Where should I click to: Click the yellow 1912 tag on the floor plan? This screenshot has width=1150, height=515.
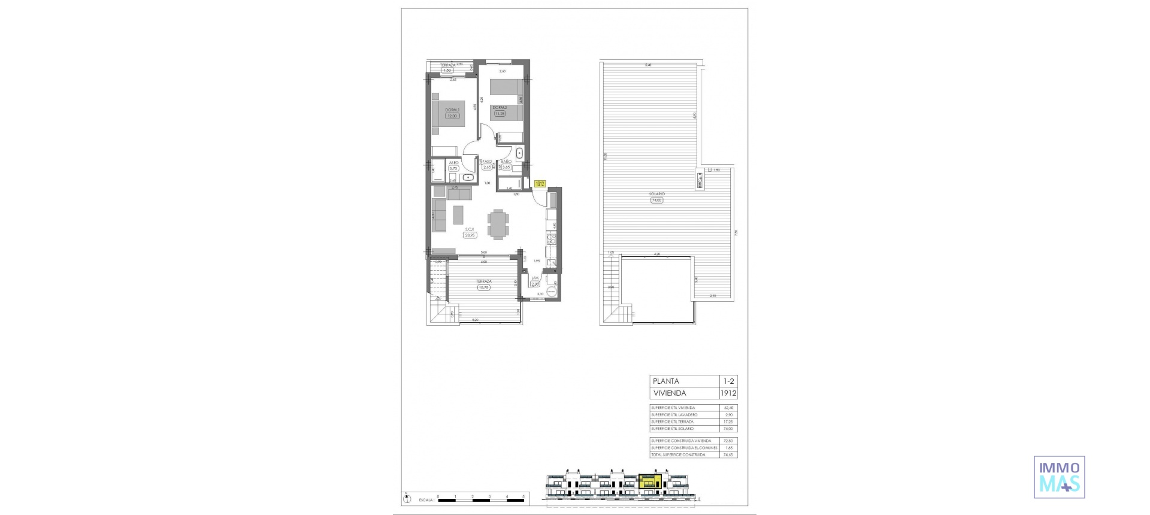coord(540,184)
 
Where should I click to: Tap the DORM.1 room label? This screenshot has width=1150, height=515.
coord(452,110)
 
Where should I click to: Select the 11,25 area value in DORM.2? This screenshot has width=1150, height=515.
coord(500,113)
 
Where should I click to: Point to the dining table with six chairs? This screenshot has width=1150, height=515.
coord(497,224)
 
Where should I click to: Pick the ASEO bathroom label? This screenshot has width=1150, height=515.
coord(453,162)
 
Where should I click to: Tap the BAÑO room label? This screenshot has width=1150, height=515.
coord(507,162)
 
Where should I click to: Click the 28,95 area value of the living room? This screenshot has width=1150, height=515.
coord(470,235)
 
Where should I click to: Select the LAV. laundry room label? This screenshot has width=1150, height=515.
coord(535,278)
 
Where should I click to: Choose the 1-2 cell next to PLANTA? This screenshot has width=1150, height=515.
coord(728,381)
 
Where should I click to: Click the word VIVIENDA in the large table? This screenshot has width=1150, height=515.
coord(670,393)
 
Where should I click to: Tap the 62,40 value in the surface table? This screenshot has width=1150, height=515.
coord(728,407)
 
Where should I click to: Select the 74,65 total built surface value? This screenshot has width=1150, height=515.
coord(728,455)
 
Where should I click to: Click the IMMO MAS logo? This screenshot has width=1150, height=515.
coord(1059,477)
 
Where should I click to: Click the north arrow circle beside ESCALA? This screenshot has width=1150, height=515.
coord(407,497)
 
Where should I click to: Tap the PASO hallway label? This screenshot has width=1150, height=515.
coord(488,161)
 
